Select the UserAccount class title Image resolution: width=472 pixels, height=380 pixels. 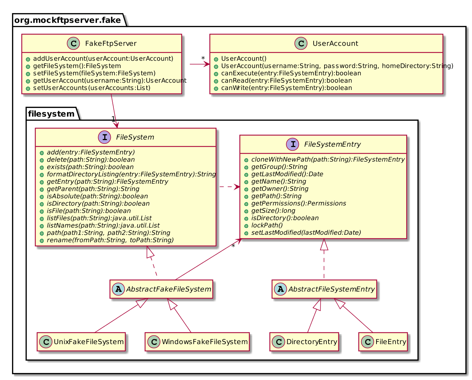335,44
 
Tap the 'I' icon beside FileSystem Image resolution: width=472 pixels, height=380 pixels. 105,137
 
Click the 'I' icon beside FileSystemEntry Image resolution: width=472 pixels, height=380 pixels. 293,144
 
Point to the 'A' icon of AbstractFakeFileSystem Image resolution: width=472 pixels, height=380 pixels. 119,289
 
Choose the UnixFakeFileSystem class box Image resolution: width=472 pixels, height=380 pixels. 81,342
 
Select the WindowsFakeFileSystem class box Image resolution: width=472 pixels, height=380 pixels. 197,342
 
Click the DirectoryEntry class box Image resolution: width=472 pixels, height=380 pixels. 304,342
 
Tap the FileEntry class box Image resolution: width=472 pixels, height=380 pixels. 383,342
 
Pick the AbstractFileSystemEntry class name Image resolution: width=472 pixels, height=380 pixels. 331,289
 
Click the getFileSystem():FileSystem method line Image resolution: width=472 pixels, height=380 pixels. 77,66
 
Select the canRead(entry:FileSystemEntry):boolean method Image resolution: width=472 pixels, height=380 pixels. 286,80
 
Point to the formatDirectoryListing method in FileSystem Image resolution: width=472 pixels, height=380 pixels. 131,174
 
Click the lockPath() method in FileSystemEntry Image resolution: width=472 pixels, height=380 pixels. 267,225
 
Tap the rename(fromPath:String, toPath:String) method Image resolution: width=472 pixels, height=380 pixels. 110,240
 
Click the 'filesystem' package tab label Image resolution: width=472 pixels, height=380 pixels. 51,114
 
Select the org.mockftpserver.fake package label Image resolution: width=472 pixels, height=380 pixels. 68,20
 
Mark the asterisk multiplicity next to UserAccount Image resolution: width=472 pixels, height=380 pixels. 203,59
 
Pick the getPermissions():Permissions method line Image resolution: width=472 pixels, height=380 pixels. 299,203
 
